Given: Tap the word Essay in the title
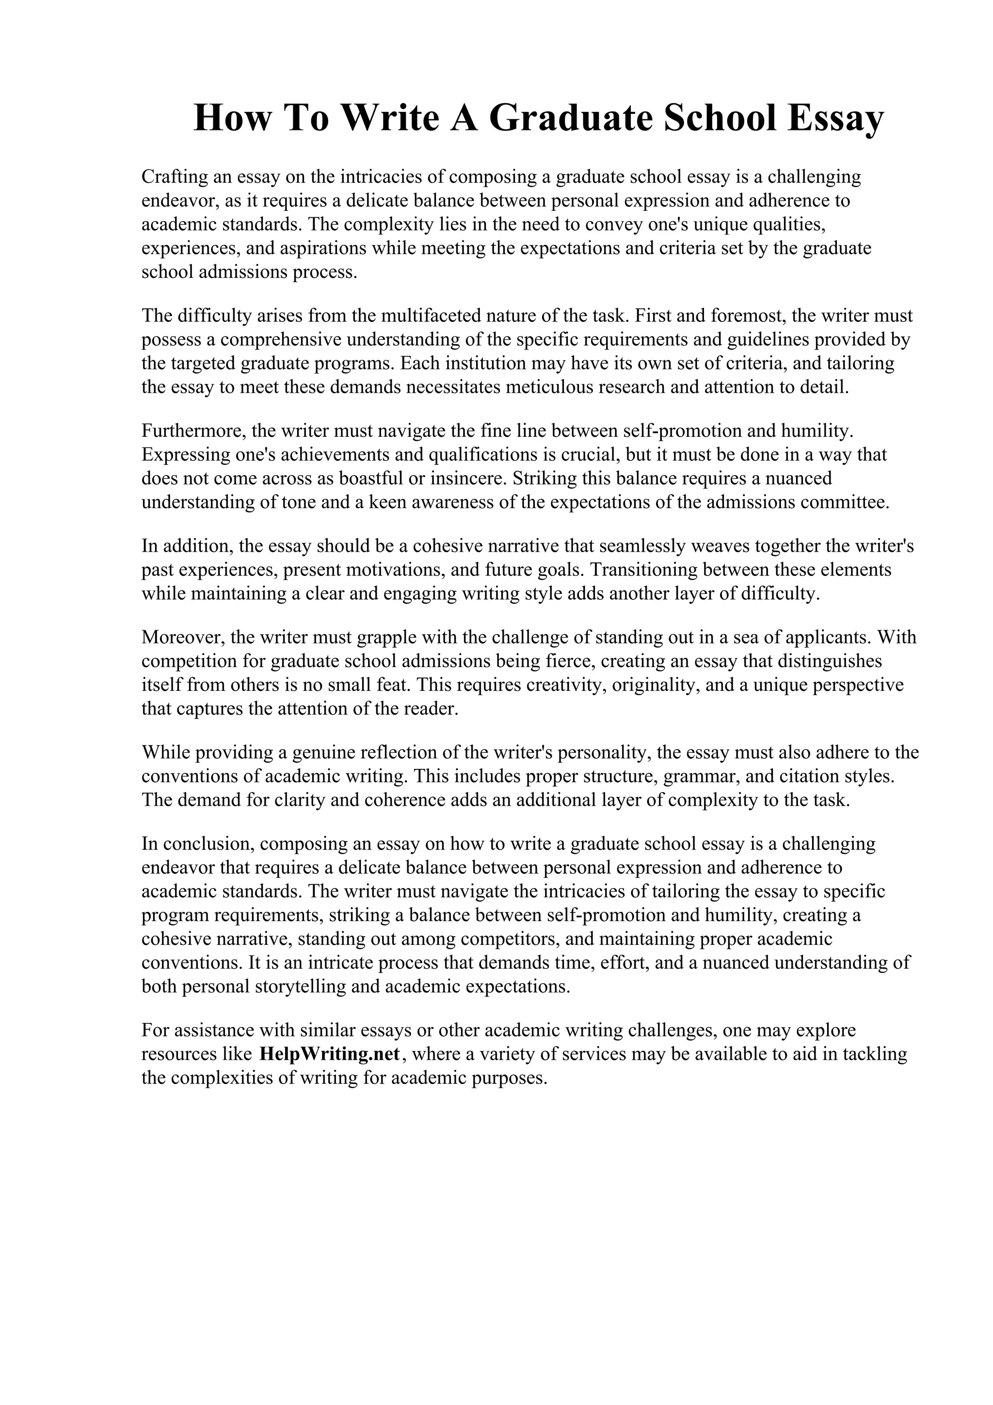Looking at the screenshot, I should coord(835,118).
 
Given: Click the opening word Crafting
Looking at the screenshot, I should coord(175,177).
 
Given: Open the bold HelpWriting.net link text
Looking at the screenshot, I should coord(330,1054).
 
